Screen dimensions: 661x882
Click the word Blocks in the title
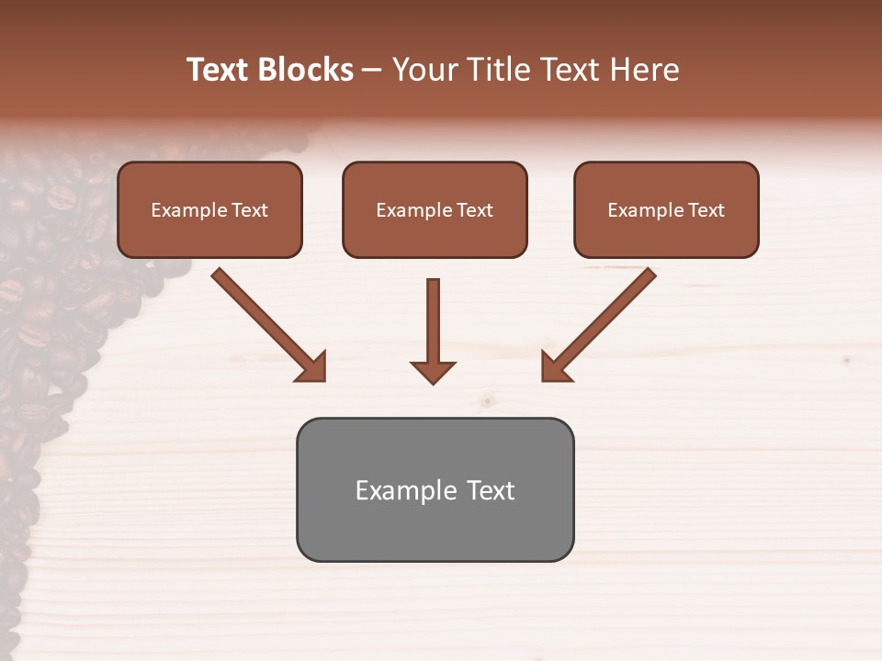306,70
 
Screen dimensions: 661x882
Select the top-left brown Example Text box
209,210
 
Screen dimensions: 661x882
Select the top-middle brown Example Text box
435,210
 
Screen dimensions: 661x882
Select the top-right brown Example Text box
666,210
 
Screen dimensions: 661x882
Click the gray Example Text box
435,489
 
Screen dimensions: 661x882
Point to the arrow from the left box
266,323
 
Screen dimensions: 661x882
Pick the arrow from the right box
602,323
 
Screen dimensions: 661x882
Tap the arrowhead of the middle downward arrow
433,371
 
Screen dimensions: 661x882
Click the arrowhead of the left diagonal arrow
312,367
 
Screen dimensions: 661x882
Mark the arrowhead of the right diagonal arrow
556,367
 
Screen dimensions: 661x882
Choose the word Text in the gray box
490,490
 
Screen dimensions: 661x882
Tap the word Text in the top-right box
706,210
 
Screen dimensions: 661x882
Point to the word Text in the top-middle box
474,210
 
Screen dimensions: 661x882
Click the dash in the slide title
373,70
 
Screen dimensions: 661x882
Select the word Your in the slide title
420,70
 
